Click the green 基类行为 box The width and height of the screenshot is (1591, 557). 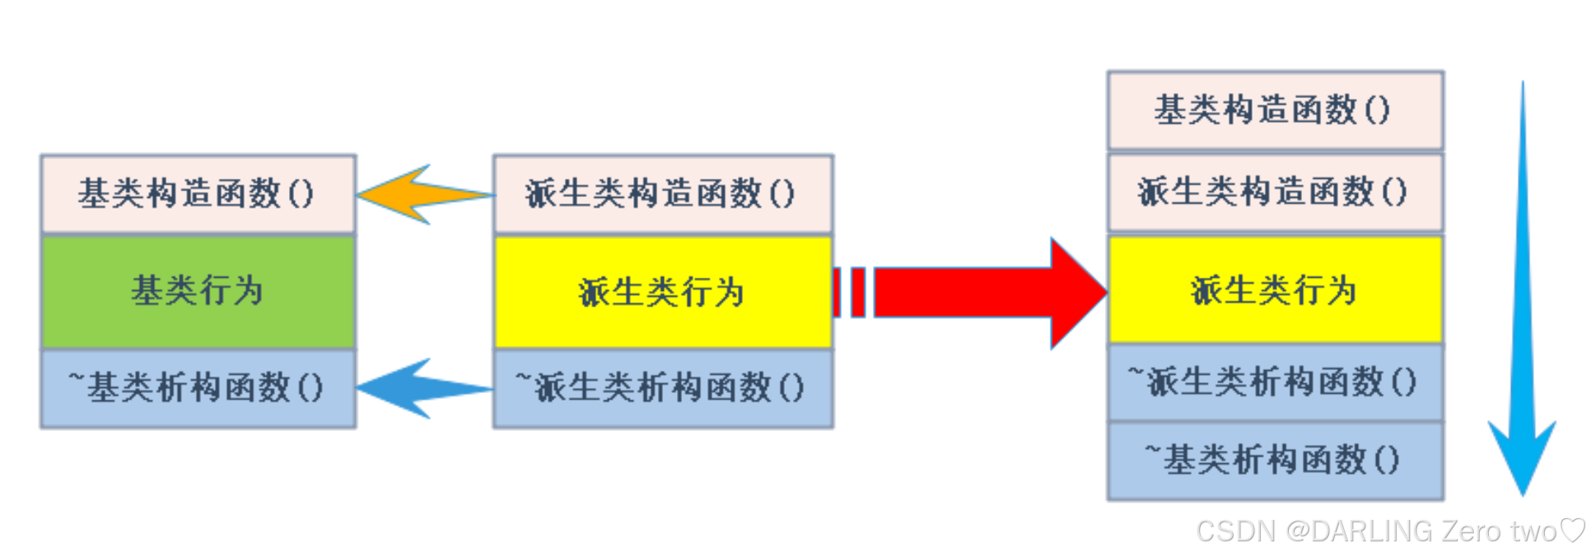[x=198, y=292]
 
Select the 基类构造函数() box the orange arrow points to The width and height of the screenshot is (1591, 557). [x=198, y=194]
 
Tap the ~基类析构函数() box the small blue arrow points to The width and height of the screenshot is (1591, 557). [x=198, y=388]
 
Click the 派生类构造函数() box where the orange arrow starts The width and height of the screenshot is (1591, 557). [x=662, y=194]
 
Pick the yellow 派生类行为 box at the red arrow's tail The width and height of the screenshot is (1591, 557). [x=662, y=292]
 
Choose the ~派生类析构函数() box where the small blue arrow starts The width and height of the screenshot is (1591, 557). [x=662, y=388]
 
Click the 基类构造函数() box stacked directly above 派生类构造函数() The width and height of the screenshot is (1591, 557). [x=1275, y=110]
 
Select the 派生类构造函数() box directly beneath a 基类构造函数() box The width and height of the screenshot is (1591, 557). [x=1275, y=192]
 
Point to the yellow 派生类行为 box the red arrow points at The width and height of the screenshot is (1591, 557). [x=1275, y=290]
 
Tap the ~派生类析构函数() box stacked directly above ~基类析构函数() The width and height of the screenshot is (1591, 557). [x=1275, y=382]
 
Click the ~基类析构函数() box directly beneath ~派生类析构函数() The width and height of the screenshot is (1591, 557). [x=1275, y=461]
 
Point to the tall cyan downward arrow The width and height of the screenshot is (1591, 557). [x=1522, y=330]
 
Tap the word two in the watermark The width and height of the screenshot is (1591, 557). [x=1533, y=531]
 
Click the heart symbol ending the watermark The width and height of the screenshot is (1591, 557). [x=1574, y=530]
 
